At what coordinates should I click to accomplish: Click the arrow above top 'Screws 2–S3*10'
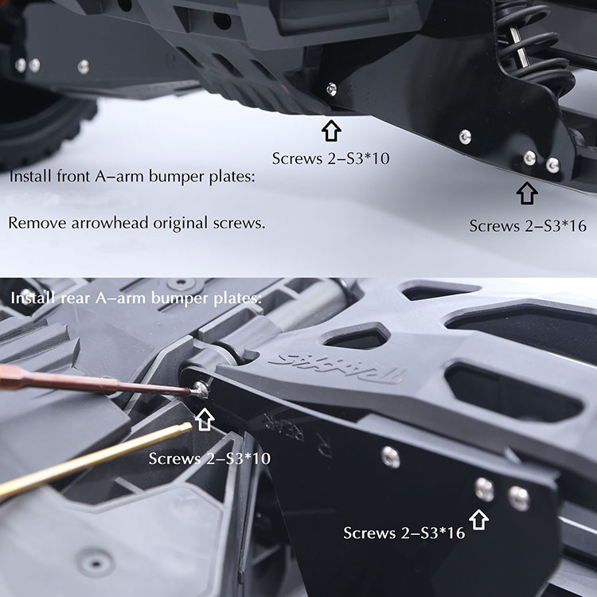[331, 131]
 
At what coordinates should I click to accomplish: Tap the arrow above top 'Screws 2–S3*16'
[527, 193]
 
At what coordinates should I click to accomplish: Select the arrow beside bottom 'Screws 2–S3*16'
[478, 520]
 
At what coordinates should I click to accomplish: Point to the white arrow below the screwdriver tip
[205, 419]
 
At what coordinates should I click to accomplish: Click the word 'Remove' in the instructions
[37, 223]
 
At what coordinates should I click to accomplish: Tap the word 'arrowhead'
[110, 223]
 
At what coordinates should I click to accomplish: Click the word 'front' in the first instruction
[73, 176]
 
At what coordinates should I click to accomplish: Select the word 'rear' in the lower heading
[76, 298]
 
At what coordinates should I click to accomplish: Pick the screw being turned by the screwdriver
[201, 389]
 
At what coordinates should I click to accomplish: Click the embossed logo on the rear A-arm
[337, 369]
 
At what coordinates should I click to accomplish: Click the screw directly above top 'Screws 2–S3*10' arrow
[331, 90]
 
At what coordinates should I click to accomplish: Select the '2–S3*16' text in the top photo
[556, 226]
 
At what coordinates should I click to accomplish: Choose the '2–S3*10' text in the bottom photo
[238, 458]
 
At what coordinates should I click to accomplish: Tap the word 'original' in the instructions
[181, 223]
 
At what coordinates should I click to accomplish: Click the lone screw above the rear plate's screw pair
[391, 457]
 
